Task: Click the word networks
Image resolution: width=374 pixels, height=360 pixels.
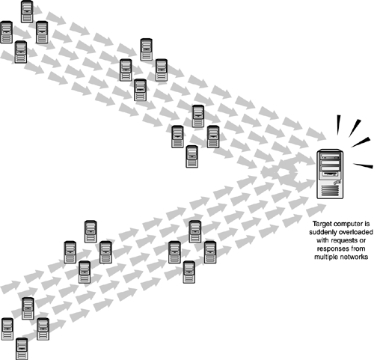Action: (353, 257)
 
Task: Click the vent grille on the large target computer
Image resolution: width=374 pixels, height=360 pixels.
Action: (330, 191)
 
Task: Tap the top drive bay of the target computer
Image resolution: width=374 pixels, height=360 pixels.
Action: (330, 156)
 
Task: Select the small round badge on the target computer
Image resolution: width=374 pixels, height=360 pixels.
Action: (337, 183)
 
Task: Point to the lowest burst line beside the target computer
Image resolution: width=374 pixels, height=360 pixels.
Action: (364, 165)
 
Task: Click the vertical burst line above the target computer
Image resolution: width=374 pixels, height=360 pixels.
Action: (338, 125)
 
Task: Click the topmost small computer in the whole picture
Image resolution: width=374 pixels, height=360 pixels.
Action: (27, 11)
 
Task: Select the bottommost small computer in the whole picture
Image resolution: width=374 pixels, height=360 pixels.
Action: (22, 349)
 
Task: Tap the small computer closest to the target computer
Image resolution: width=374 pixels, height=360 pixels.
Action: (213, 137)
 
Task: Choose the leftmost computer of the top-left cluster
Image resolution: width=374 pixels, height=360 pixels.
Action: (6, 32)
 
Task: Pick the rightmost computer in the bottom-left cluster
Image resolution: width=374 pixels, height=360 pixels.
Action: (43, 329)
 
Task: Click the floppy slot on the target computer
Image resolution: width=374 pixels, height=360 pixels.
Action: (330, 174)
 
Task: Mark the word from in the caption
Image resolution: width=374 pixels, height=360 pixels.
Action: (358, 248)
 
